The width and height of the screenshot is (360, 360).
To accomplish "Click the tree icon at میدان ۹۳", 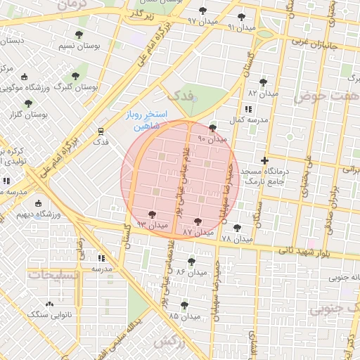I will point(153,214).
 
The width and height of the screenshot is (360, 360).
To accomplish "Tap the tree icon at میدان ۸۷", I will point(197,221).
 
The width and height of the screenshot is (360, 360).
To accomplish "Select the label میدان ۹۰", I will point(213,139).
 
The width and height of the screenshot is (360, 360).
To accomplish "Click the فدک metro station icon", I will point(101,131).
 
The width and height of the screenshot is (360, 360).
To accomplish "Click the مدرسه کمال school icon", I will point(247,110).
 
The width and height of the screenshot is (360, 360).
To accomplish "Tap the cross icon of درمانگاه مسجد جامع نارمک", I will point(264,160).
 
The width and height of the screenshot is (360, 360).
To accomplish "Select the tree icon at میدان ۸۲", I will point(264,82).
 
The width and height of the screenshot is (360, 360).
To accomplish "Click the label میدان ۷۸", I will point(236,240).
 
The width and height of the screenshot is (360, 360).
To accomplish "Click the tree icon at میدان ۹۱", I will point(242,17).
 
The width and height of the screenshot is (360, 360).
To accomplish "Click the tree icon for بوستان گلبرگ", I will point(76,76).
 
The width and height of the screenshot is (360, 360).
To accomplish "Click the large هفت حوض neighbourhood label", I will point(326,95).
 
